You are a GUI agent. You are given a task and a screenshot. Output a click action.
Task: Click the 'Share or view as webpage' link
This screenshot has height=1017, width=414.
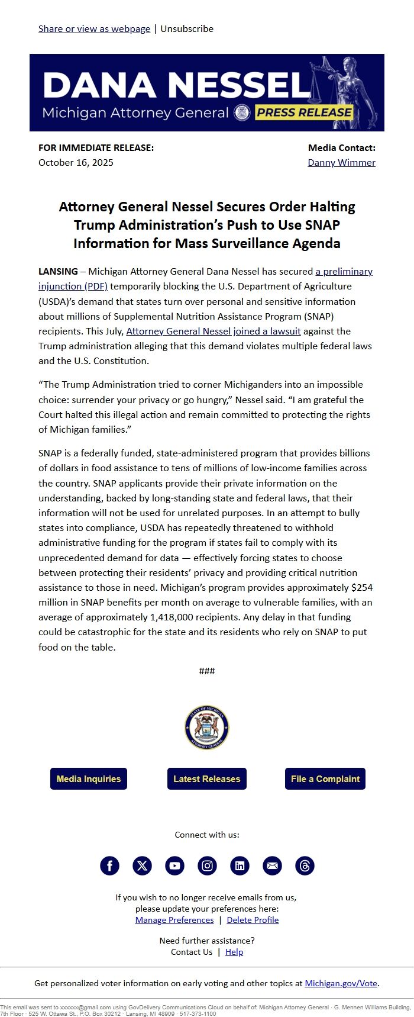(x=94, y=28)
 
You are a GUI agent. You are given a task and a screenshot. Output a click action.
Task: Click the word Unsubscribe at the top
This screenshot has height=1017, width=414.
(x=187, y=28)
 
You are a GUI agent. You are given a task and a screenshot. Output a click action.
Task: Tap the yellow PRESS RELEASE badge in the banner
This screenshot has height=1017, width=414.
(x=304, y=112)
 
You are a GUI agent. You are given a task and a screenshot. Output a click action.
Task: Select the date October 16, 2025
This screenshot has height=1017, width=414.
(x=76, y=162)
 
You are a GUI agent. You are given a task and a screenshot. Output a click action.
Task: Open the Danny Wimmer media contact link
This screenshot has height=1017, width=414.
(x=341, y=162)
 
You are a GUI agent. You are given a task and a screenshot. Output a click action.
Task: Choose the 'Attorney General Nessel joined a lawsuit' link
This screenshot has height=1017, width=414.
(x=214, y=332)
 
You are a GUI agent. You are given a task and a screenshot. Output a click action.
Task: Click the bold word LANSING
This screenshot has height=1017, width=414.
(x=58, y=272)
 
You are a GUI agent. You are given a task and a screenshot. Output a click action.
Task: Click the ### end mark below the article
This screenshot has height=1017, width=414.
(x=207, y=671)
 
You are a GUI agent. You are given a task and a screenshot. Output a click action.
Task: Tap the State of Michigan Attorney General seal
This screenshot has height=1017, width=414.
(x=207, y=728)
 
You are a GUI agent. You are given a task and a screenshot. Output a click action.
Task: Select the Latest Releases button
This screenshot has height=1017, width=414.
(x=207, y=779)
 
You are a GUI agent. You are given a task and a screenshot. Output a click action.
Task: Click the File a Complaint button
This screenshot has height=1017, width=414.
(x=325, y=779)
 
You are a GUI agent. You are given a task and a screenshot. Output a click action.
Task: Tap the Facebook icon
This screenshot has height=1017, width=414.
(x=109, y=866)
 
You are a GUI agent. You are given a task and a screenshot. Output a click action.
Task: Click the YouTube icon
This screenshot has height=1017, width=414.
(x=174, y=866)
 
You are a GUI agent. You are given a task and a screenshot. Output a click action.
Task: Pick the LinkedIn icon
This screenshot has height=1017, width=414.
(x=240, y=866)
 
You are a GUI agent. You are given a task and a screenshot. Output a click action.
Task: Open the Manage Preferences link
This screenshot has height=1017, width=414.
(x=174, y=920)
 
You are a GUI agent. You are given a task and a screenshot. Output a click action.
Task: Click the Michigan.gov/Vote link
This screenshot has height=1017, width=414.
(x=341, y=983)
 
